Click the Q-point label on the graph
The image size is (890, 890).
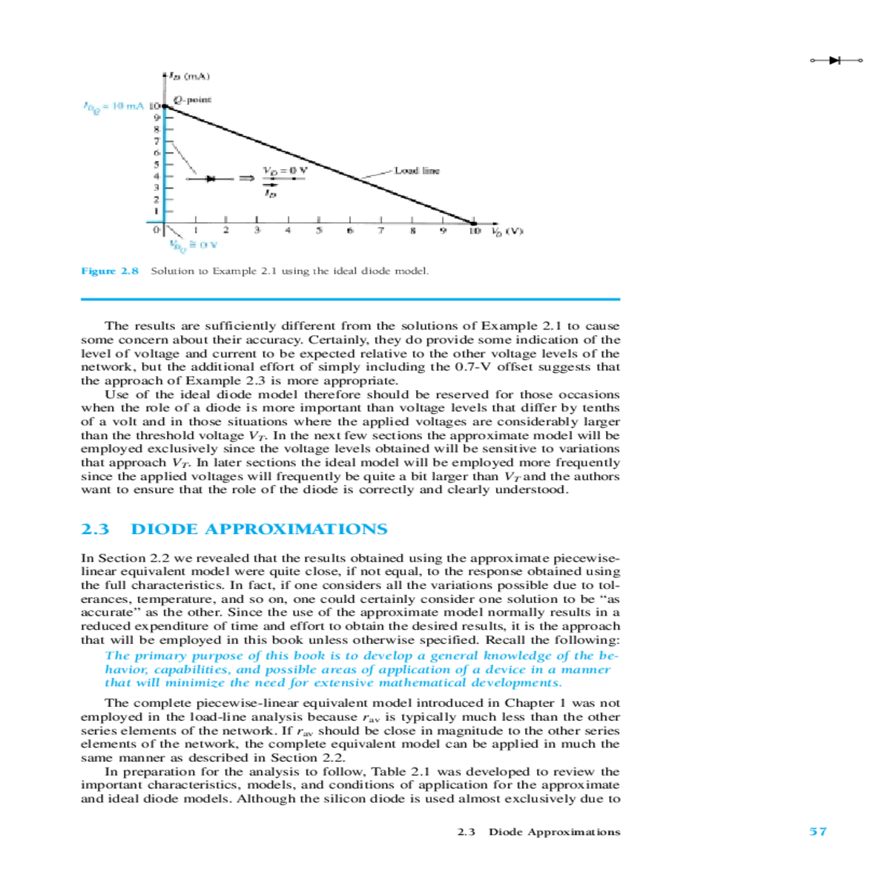[x=193, y=99]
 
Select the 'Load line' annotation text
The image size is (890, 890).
[x=417, y=171]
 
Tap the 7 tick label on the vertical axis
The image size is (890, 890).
[x=156, y=140]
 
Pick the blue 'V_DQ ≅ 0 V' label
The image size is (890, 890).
[x=193, y=244]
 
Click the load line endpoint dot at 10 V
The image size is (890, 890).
[x=474, y=222]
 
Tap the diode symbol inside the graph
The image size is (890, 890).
[x=211, y=179]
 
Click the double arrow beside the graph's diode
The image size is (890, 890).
[x=245, y=179]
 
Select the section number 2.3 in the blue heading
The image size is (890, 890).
[x=95, y=529]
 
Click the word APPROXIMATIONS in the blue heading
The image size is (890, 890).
[x=295, y=529]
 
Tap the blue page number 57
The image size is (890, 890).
[x=817, y=831]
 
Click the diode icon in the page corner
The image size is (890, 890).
[x=837, y=60]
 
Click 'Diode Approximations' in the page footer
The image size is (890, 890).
[x=554, y=832]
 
